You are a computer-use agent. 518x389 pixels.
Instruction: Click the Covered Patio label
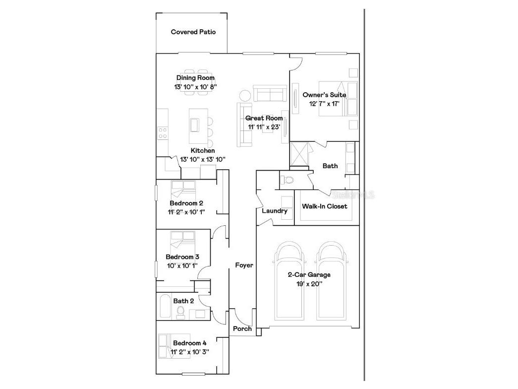click(193, 32)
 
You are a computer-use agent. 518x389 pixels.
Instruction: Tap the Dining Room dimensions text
click(195, 86)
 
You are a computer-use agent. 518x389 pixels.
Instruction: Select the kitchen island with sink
click(194, 124)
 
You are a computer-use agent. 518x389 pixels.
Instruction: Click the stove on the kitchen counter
click(163, 132)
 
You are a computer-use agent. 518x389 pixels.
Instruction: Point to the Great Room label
click(264, 118)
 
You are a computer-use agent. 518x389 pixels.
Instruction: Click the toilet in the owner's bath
click(286, 180)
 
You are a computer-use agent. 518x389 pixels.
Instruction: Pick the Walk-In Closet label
click(325, 206)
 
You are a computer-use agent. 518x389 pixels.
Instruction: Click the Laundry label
click(275, 211)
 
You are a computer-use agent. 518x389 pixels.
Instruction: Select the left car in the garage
click(290, 281)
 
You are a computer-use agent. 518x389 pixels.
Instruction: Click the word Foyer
click(244, 265)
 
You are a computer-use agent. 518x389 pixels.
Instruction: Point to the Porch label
click(242, 328)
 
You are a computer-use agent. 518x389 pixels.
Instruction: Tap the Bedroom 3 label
click(182, 257)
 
